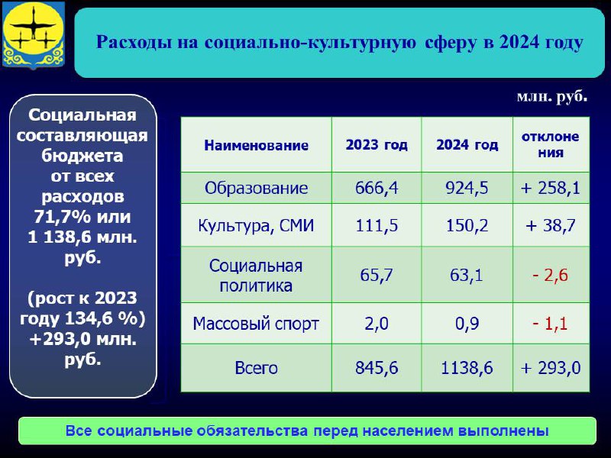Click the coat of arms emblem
tap(34, 34)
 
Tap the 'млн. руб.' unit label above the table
tap(551, 96)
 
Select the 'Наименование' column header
tap(256, 145)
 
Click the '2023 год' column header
tap(377, 145)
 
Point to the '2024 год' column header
tap(467, 145)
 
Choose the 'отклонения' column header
tap(550, 144)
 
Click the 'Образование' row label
tap(256, 188)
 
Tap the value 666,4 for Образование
tap(377, 188)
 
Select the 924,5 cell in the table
tap(467, 188)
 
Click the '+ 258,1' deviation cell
tap(550, 188)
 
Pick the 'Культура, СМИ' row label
tap(256, 226)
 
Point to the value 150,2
tap(467, 225)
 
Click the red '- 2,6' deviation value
tap(550, 276)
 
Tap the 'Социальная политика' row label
tap(256, 276)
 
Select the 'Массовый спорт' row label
tap(256, 324)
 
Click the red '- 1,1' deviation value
tap(550, 324)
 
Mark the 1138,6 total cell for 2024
tap(467, 368)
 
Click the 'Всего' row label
tap(256, 368)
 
